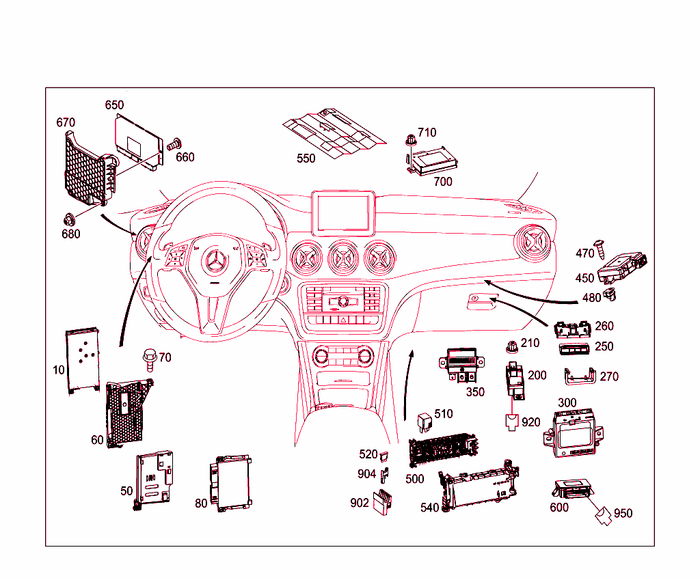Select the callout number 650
coord(114,105)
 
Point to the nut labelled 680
coord(68,219)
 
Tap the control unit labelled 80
coord(230,484)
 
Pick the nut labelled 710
coord(410,140)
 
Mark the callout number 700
coord(442,182)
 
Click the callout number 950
coord(623,513)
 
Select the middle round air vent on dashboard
coord(343,257)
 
